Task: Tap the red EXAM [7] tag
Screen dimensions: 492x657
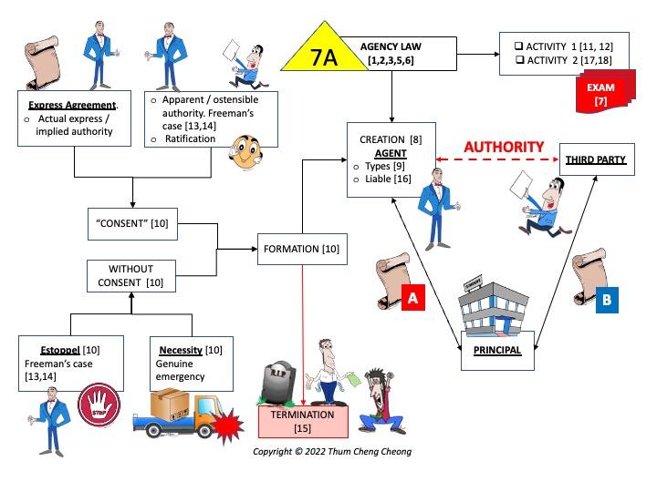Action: (600, 95)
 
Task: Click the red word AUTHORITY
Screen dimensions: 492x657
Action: (503, 147)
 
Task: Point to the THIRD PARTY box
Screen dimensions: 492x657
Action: (595, 160)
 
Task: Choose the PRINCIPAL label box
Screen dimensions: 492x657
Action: (496, 350)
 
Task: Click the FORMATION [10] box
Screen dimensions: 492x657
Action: (302, 249)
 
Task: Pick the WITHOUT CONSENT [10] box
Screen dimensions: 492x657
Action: (131, 276)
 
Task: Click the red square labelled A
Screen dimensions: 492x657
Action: (412, 298)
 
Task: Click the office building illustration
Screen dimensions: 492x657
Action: (493, 310)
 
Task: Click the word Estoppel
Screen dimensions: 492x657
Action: (59, 349)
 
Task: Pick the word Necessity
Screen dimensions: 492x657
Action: (180, 349)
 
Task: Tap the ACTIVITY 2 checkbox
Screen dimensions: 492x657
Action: (519, 60)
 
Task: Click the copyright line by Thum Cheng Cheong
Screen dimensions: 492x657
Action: (332, 451)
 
